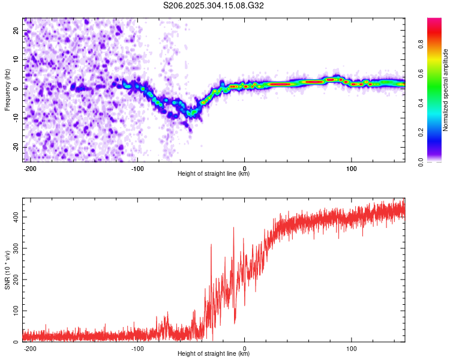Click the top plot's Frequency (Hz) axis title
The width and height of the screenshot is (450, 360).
[x=7, y=90]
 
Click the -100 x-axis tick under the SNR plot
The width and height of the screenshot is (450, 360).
[x=137, y=347]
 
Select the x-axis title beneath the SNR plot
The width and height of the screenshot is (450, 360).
[x=214, y=354]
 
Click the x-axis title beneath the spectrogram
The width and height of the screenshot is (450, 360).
[x=214, y=174]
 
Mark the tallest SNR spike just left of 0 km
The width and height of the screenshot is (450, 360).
[x=233, y=228]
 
